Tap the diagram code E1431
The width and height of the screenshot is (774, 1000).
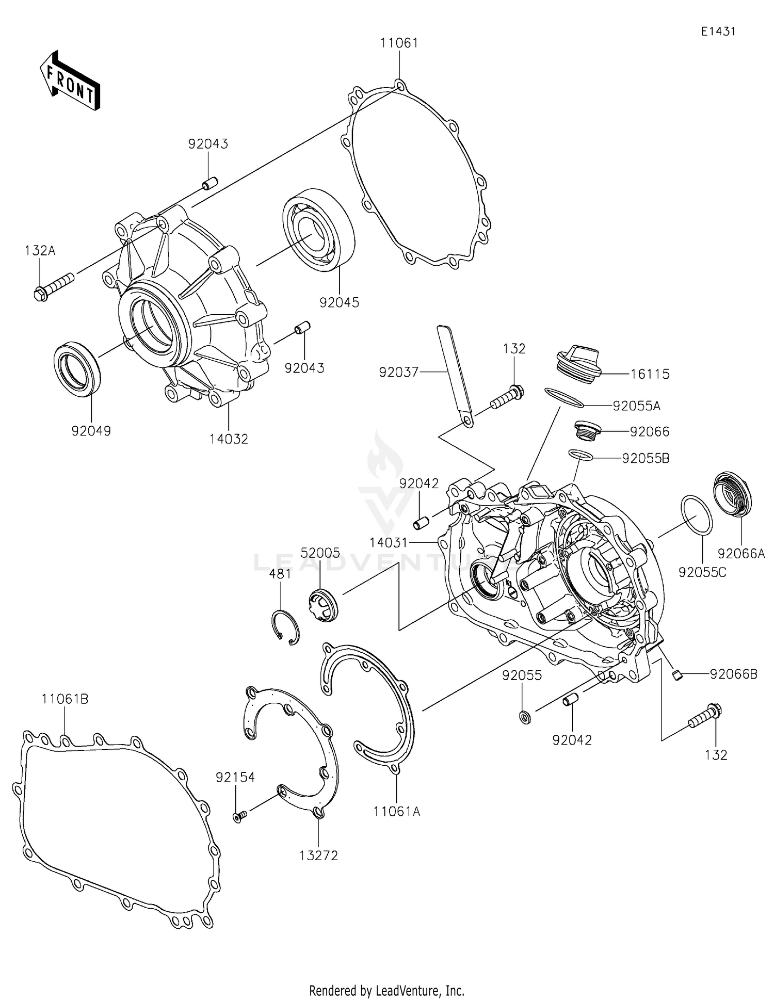718,31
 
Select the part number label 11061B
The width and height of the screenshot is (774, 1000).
65,699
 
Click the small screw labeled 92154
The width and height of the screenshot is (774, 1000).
240,815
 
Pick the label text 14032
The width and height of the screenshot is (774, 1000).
229,439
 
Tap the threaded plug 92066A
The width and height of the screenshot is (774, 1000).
732,493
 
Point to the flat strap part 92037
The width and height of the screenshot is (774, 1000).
455,375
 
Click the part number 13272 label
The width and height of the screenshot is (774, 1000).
318,856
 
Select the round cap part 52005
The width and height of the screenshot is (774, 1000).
322,605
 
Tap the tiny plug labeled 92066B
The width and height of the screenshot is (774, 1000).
678,674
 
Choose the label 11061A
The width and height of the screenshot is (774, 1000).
397,812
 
